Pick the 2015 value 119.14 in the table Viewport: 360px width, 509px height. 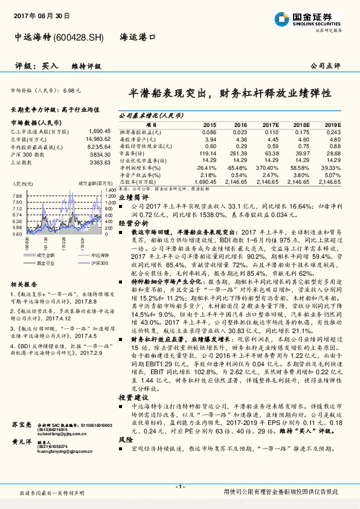(208, 154)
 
